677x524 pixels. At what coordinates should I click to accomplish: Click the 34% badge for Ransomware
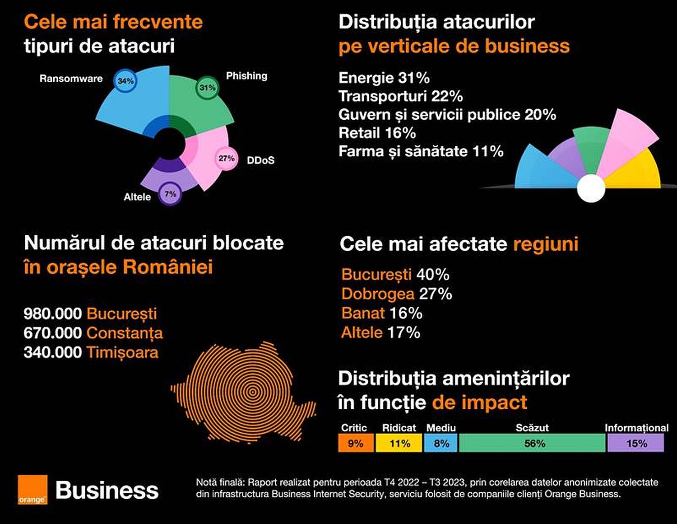125,81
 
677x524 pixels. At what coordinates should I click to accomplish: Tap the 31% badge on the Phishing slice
207,87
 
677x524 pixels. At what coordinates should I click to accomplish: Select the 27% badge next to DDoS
226,159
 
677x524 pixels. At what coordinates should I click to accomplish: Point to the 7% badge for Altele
170,194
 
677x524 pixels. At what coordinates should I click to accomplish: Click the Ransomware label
71,79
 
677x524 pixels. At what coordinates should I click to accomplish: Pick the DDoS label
260,160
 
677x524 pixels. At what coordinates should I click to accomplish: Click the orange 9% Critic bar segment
356,443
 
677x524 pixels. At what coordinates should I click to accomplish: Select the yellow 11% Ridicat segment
399,443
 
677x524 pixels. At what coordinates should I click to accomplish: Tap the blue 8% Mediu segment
441,443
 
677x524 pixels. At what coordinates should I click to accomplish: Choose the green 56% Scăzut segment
533,443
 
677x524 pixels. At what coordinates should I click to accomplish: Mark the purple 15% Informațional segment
636,443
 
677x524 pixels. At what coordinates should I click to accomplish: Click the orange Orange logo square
32,489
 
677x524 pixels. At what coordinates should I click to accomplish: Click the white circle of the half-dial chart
591,188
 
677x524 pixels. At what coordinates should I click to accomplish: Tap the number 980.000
52,313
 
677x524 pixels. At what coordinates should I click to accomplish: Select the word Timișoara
122,352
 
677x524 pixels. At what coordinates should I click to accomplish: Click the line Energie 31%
384,78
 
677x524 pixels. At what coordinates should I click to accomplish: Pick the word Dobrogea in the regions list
378,294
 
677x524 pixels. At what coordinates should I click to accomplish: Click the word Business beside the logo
107,491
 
